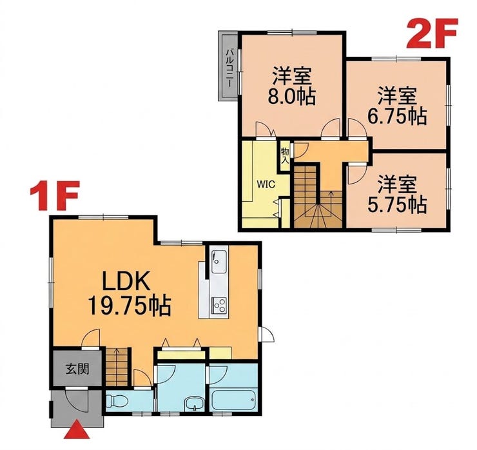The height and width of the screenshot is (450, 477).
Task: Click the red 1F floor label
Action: click(55, 195)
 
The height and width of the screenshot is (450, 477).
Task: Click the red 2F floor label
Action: click(432, 33)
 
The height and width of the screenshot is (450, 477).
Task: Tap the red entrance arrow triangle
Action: click(77, 429)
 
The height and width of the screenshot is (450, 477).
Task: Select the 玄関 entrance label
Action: click(77, 369)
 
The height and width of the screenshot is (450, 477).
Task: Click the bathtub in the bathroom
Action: click(233, 400)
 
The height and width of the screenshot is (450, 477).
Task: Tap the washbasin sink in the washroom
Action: click(194, 404)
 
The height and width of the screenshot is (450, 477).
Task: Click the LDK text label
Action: click(126, 282)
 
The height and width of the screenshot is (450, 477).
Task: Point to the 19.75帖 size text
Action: click(129, 306)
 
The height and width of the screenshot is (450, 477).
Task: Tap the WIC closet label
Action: click(266, 184)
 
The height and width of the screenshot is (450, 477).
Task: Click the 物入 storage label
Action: click(285, 155)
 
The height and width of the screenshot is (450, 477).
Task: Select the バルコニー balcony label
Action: click(229, 68)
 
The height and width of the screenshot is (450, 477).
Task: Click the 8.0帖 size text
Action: click(291, 97)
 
